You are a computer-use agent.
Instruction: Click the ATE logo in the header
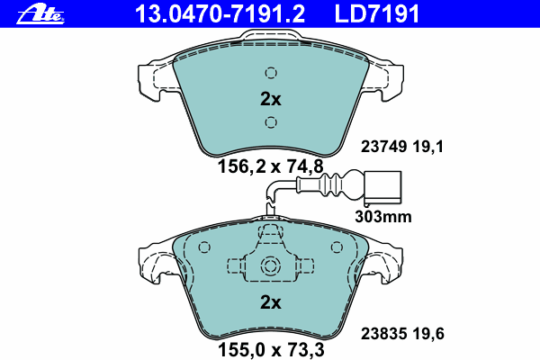point(40,15)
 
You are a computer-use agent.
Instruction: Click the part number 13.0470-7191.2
point(220,14)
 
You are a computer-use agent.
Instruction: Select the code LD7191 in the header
point(377,14)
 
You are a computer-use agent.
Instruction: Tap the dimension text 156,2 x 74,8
point(271,167)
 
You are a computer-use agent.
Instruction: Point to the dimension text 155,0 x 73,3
point(271,350)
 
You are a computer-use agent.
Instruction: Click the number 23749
point(383,147)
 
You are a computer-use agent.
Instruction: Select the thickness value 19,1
point(428,147)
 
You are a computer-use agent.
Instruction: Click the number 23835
point(383,334)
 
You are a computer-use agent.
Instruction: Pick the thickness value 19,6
point(428,334)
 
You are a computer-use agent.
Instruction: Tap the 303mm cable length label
point(383,217)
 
